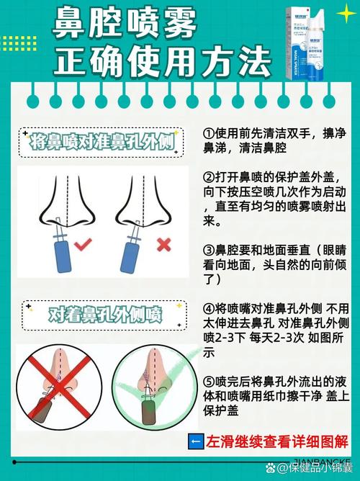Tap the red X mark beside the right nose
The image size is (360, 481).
pyautogui.click(x=163, y=244)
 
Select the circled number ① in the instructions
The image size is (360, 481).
pyautogui.click(x=209, y=134)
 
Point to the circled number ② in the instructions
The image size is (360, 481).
pyautogui.click(x=209, y=177)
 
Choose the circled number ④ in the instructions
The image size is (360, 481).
pyautogui.click(x=209, y=307)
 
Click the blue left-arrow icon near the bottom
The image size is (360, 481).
pyautogui.click(x=194, y=441)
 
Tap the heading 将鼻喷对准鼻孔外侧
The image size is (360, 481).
pyautogui.click(x=103, y=142)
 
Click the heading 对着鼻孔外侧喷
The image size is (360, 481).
pyautogui.click(x=105, y=315)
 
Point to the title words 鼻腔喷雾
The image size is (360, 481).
pyautogui.click(x=126, y=27)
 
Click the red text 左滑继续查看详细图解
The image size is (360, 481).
pyautogui.click(x=276, y=441)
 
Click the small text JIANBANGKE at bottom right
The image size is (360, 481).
pyautogui.click(x=320, y=458)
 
